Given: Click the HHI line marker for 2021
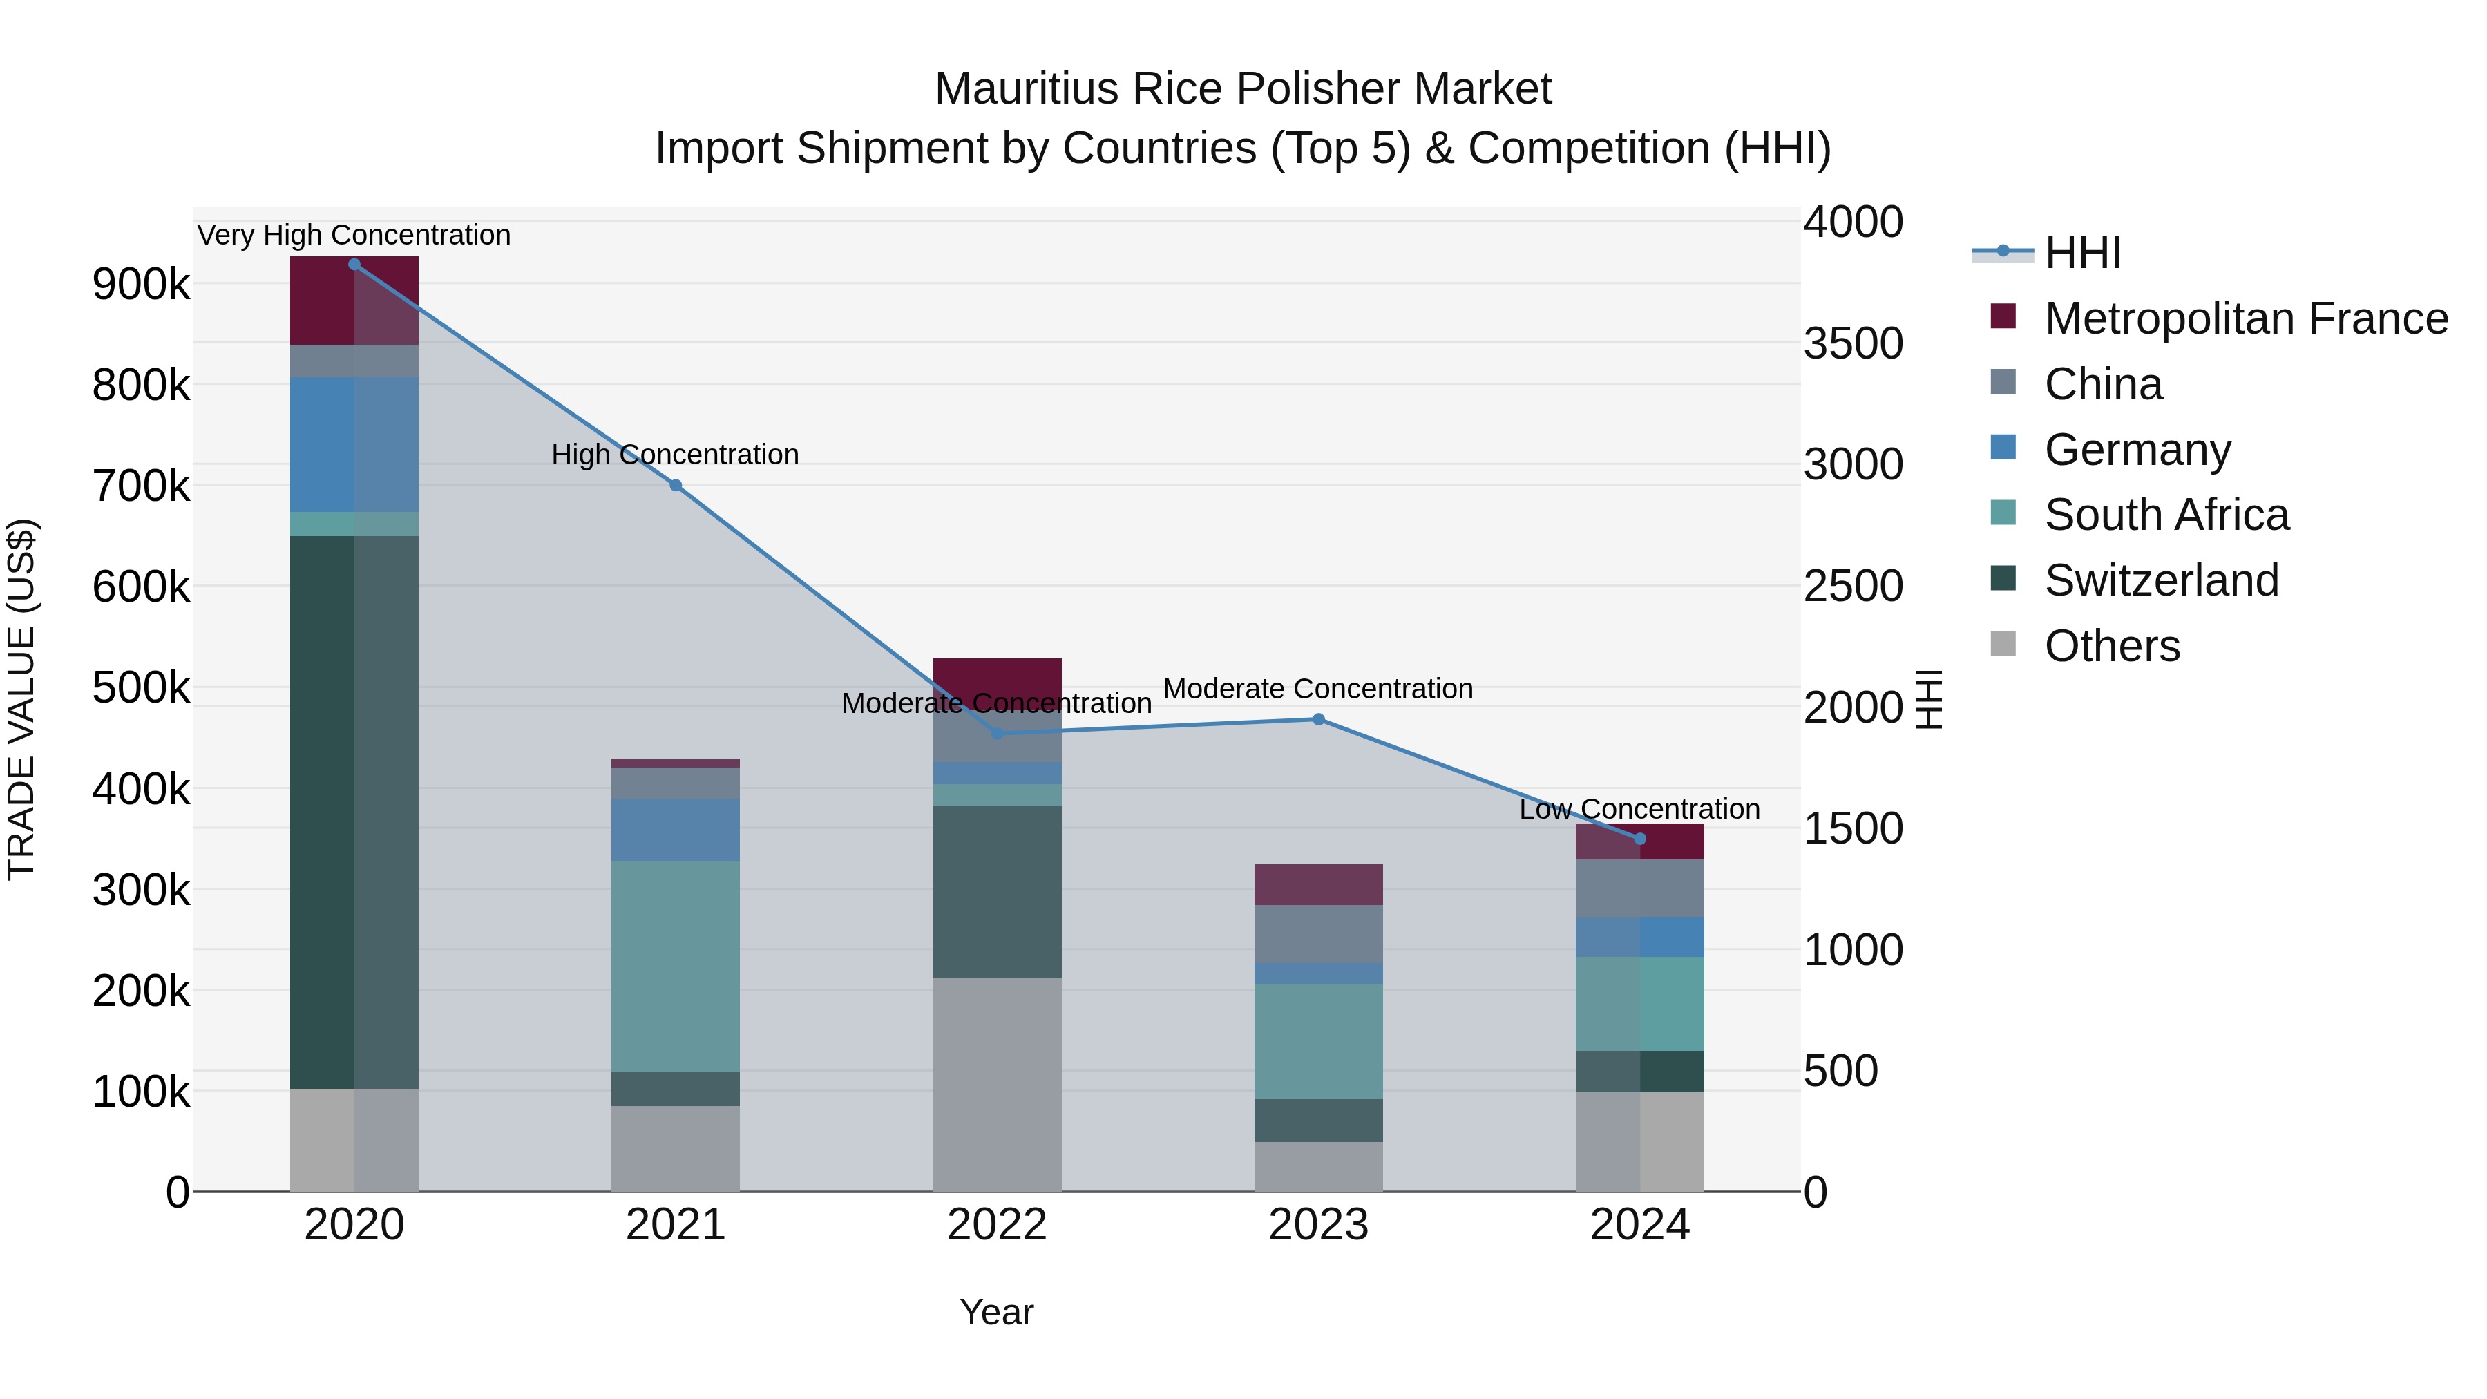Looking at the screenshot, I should [x=676, y=486].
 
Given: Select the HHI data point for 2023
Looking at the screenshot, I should [x=1319, y=719].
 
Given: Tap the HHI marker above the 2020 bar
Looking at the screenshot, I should [x=354, y=265].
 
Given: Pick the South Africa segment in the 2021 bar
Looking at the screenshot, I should [x=676, y=966].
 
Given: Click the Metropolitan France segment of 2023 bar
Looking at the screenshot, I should [x=1319, y=884].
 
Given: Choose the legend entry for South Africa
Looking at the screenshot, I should [x=2166, y=515].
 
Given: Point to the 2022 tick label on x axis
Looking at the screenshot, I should [x=998, y=1225].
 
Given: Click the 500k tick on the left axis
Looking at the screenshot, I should [x=141, y=688].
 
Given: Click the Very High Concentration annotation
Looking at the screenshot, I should [x=354, y=236].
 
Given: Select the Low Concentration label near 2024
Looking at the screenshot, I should [x=1639, y=809].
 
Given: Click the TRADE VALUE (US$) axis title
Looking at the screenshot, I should [x=22, y=699].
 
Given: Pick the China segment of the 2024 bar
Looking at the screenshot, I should [x=1639, y=888].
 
